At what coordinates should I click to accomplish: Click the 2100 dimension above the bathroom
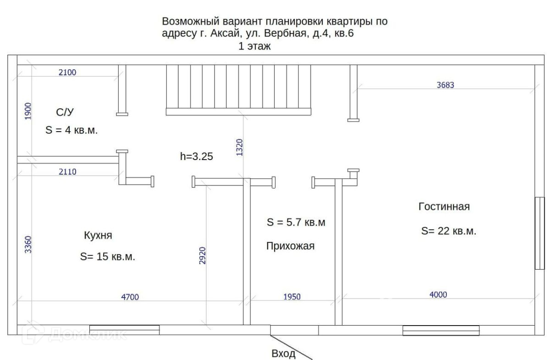67,72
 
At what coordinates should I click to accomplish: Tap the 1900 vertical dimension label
28,111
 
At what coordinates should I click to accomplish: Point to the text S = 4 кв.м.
72,130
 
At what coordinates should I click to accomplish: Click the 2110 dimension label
67,172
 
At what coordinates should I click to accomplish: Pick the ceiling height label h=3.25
196,156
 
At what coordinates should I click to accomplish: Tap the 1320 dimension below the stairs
239,148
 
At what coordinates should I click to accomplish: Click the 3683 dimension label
445,85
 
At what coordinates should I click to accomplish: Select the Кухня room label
98,236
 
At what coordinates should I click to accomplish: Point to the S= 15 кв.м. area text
108,257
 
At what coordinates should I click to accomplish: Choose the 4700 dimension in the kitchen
130,297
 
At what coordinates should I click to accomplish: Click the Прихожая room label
291,246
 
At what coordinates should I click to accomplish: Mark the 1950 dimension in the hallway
292,297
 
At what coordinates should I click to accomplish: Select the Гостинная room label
444,207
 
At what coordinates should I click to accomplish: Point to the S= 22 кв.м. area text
449,231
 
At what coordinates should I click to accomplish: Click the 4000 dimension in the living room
438,295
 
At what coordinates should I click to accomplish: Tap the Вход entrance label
283,354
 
